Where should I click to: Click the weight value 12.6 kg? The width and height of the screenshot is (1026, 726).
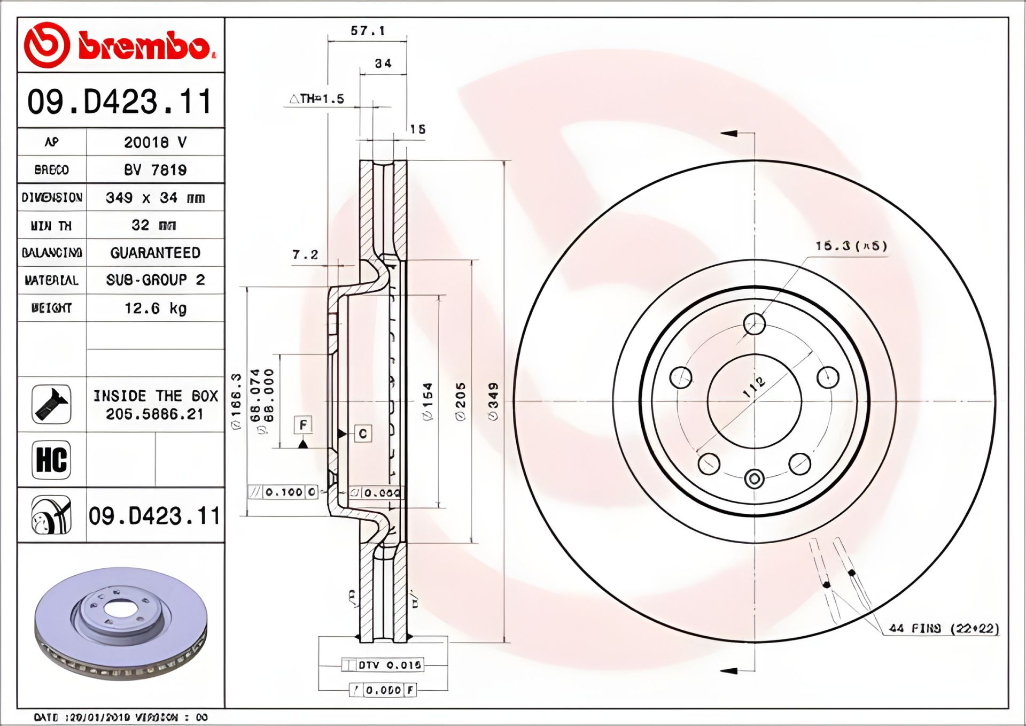coord(155,308)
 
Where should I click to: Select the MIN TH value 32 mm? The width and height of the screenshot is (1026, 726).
coord(154,225)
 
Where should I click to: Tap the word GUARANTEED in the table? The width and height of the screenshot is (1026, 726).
coord(155,253)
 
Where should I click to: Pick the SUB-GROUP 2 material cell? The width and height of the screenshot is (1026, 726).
coord(155,280)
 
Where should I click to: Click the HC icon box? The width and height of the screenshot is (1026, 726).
coord(51,460)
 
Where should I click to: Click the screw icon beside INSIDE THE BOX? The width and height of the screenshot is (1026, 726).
coord(51,404)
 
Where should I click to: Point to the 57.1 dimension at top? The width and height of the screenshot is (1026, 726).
coord(368,31)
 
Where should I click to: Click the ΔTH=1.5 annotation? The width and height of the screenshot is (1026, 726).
coord(317,99)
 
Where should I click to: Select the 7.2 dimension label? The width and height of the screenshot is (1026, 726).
coord(305,255)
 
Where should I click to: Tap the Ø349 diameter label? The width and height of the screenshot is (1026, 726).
coord(493,401)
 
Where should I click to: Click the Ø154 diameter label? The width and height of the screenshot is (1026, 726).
coord(428,401)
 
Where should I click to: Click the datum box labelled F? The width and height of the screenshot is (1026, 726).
coord(303,426)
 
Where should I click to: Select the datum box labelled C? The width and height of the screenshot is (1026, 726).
coord(363,434)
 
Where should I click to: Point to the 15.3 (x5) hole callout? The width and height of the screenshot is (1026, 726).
coord(851,246)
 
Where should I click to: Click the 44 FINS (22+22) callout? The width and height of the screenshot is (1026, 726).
coord(944,628)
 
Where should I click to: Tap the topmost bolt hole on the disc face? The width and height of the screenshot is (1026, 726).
coord(754,323)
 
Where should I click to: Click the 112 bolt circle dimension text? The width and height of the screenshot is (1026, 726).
coord(754,388)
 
